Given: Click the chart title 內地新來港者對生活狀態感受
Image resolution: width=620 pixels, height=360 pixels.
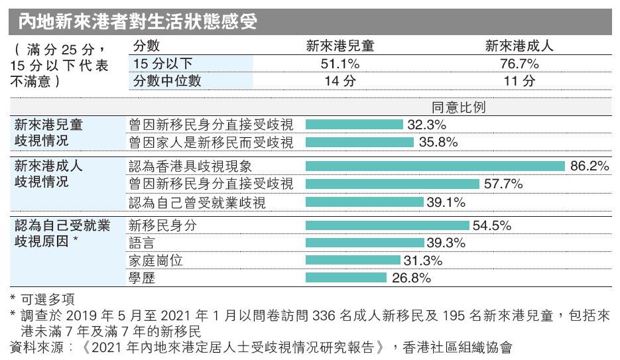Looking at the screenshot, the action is [138, 22].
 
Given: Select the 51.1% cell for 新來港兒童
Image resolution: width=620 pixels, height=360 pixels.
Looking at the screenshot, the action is [340, 64].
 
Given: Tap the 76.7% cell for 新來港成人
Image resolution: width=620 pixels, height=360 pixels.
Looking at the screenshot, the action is [519, 64].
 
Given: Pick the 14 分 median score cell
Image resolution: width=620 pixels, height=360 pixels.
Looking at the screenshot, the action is [340, 81].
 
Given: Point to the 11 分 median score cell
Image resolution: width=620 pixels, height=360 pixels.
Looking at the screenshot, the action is [519, 81].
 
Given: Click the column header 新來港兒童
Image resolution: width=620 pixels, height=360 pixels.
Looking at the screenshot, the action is [340, 46].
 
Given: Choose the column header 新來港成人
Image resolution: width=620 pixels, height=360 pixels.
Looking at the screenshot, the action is [519, 46].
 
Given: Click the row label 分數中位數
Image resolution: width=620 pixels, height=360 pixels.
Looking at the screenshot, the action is [167, 81].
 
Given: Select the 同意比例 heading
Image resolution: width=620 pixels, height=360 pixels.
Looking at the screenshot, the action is [458, 107].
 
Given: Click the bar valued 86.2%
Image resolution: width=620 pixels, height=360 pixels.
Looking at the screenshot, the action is [436, 166].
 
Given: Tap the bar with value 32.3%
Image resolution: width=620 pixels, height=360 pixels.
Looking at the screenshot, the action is [354, 125].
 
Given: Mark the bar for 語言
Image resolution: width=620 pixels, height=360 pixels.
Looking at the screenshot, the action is [365, 243].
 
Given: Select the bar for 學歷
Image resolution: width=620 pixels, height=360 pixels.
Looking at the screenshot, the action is [346, 278].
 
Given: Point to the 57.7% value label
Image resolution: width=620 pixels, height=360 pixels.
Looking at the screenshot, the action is [503, 184].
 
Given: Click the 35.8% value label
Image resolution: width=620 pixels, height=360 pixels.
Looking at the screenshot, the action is [438, 143].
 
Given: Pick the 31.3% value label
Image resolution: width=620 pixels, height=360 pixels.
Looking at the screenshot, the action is [422, 261].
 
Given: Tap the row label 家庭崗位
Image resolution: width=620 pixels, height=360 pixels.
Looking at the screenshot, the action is [156, 261].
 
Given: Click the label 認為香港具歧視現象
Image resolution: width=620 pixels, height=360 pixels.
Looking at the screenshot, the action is [190, 166].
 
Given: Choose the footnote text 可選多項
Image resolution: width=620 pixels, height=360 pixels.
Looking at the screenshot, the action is [48, 299].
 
